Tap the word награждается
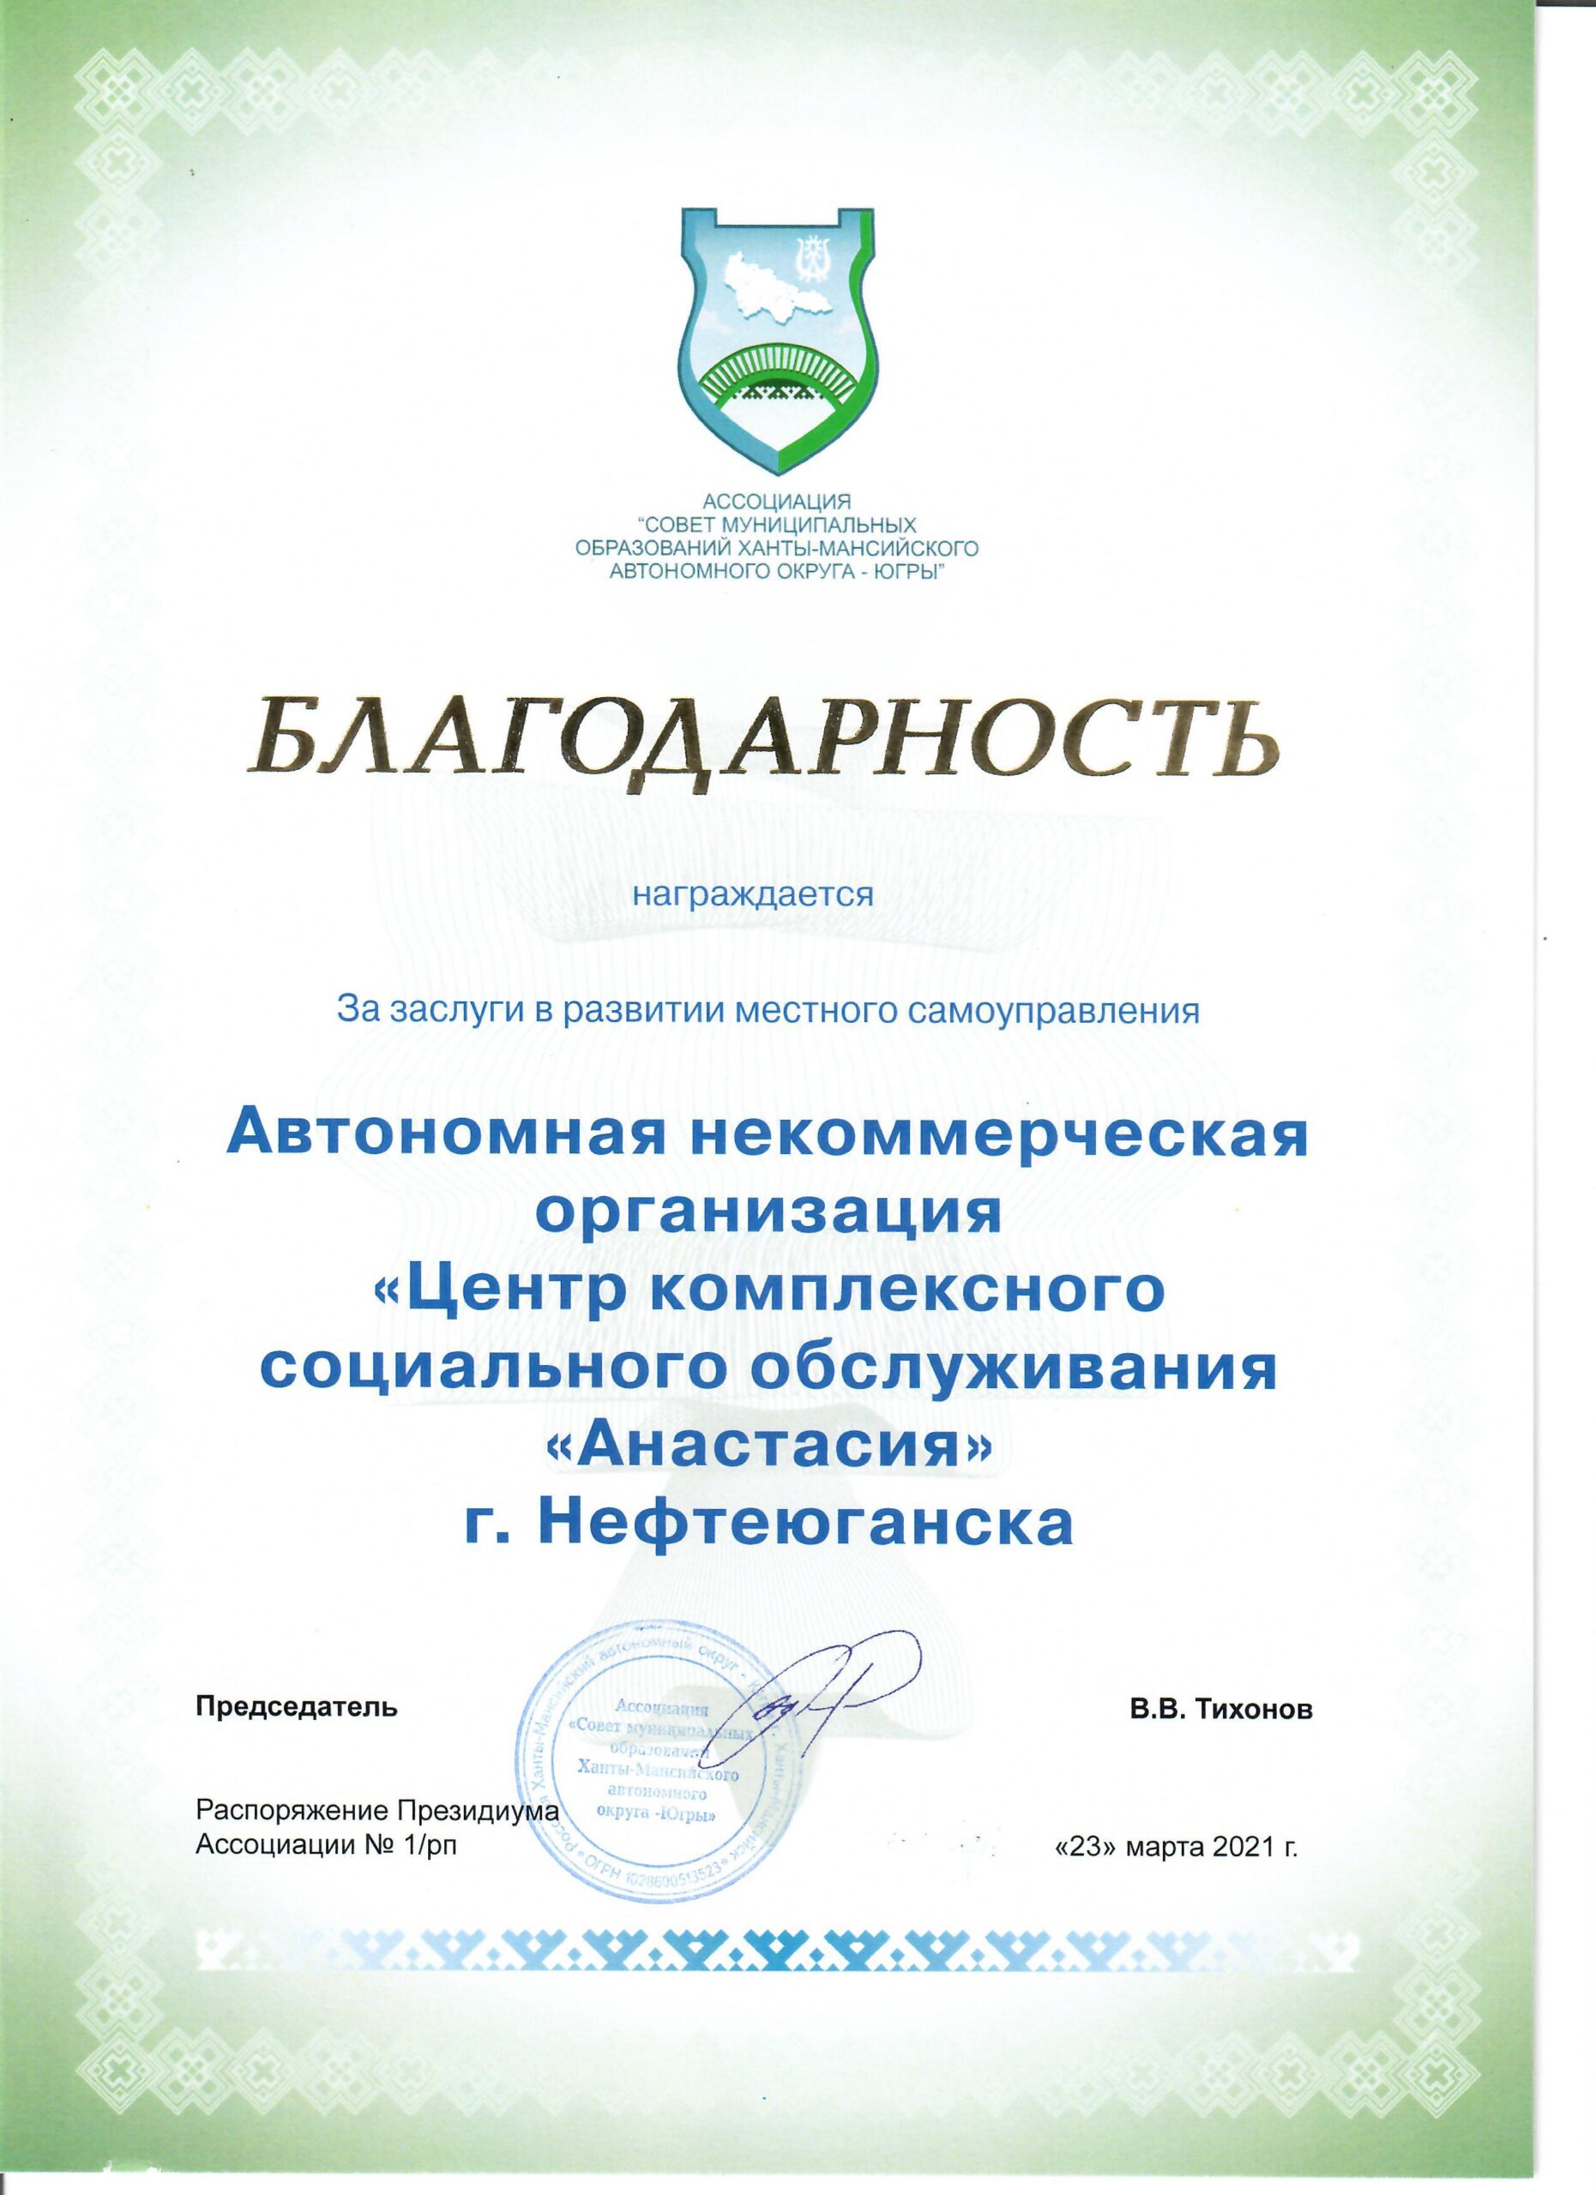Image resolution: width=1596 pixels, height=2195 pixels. point(753,893)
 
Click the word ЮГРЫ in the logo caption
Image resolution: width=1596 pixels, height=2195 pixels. point(910,572)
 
